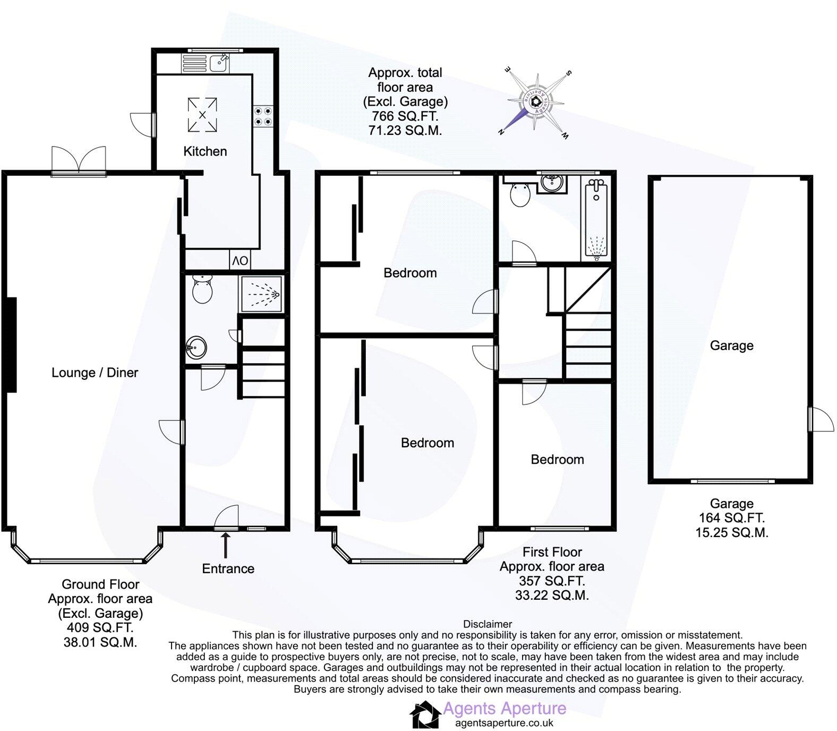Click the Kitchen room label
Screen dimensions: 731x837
point(205,151)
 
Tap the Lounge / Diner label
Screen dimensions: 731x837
point(95,372)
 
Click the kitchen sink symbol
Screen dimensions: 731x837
point(219,62)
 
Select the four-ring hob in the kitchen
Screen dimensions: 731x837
point(263,116)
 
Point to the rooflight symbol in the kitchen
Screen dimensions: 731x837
point(202,115)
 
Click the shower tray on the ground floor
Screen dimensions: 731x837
point(260,293)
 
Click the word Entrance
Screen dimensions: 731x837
point(228,569)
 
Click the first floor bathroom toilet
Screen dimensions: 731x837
point(520,194)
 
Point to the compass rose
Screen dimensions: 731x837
point(535,102)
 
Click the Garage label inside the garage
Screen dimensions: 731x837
point(731,346)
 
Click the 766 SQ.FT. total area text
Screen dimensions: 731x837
point(405,116)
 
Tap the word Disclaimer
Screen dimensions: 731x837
point(488,624)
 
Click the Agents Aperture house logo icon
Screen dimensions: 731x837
point(425,715)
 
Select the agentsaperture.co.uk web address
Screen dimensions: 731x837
point(504,723)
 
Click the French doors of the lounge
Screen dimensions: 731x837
point(79,160)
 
